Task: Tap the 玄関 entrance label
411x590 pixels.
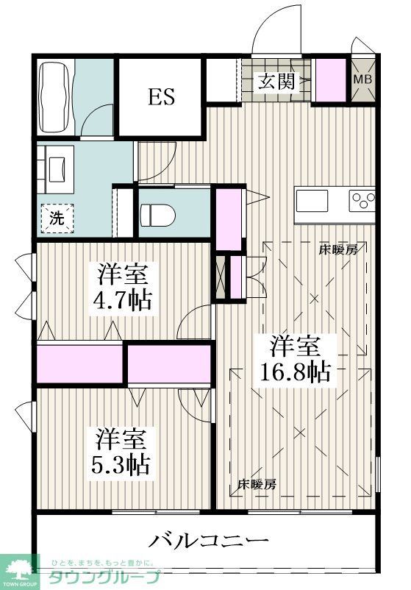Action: pyautogui.click(x=276, y=81)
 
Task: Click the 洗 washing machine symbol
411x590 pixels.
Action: pyautogui.click(x=57, y=217)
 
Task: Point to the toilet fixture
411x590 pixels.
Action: pyautogui.click(x=156, y=213)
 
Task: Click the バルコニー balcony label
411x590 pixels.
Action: pyautogui.click(x=209, y=542)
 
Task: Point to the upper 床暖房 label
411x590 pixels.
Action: pyautogui.click(x=337, y=250)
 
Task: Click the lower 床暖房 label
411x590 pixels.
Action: pyautogui.click(x=257, y=485)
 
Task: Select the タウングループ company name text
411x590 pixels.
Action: pyautogui.click(x=104, y=577)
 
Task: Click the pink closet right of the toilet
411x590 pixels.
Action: pyautogui.click(x=229, y=218)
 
